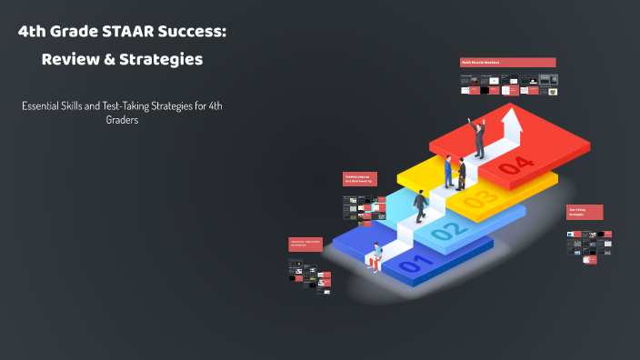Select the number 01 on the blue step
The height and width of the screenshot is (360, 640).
[412, 265]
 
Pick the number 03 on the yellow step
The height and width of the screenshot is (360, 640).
[480, 197]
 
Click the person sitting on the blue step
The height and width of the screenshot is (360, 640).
[375, 255]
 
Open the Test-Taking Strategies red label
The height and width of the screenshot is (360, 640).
[585, 212]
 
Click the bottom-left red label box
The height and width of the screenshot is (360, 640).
[306, 243]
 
